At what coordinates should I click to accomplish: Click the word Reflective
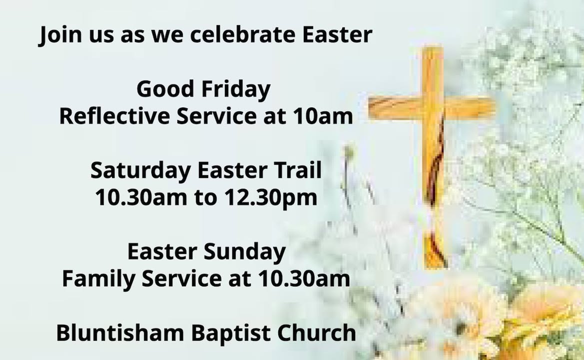114,116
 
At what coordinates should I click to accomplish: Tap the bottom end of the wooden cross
435,257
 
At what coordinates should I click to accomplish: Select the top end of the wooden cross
432,52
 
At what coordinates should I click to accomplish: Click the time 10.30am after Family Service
303,278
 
